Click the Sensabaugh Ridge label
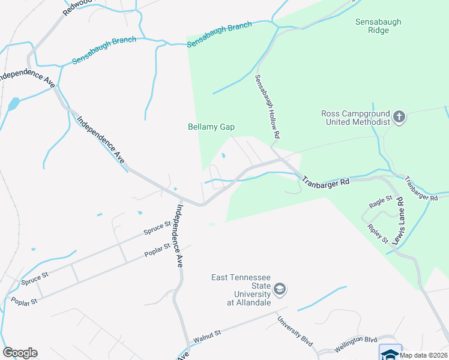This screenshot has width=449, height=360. click(378, 26)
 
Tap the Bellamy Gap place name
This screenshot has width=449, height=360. click(211, 127)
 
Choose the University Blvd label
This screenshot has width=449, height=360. click(296, 331)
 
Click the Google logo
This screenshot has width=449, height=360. click(20, 353)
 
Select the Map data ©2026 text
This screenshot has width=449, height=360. click(423, 355)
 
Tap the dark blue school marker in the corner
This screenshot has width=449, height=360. click(390, 353)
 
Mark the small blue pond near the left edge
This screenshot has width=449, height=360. click(13, 104)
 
